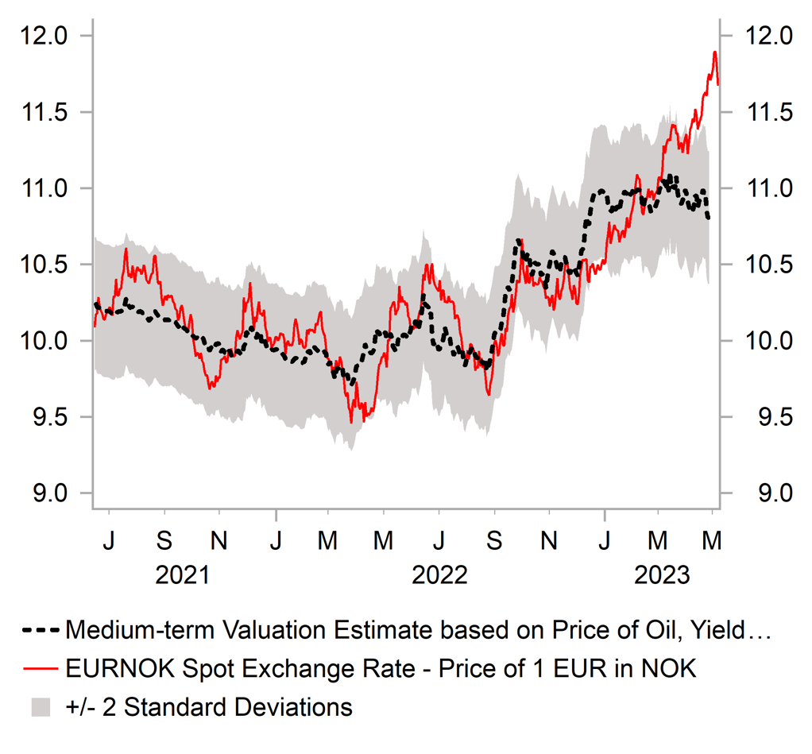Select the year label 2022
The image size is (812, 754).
pos(439,574)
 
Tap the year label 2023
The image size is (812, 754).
pos(660,574)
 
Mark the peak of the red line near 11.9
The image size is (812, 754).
pos(714,52)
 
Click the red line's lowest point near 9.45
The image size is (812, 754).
pos(350,423)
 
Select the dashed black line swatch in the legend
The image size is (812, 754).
pos(39,631)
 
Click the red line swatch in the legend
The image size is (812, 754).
pos(39,669)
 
